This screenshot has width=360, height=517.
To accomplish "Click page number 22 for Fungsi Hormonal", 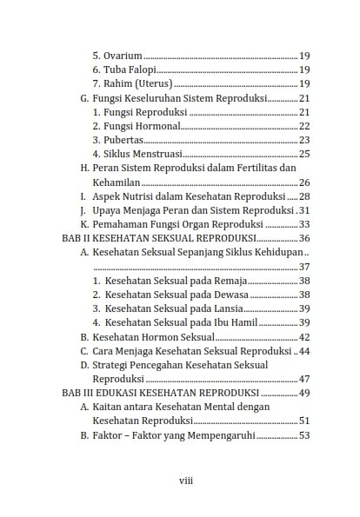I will coord(304,126).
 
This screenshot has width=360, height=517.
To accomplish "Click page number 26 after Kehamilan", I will coord(304,182).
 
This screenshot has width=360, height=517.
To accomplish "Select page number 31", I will coord(304,210).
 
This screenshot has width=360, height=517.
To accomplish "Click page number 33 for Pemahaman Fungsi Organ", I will coord(304,224).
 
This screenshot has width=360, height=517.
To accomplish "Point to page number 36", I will coord(304,238).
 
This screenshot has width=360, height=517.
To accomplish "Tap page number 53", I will coord(304,435).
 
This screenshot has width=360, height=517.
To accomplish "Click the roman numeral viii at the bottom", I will coord(185,480).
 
